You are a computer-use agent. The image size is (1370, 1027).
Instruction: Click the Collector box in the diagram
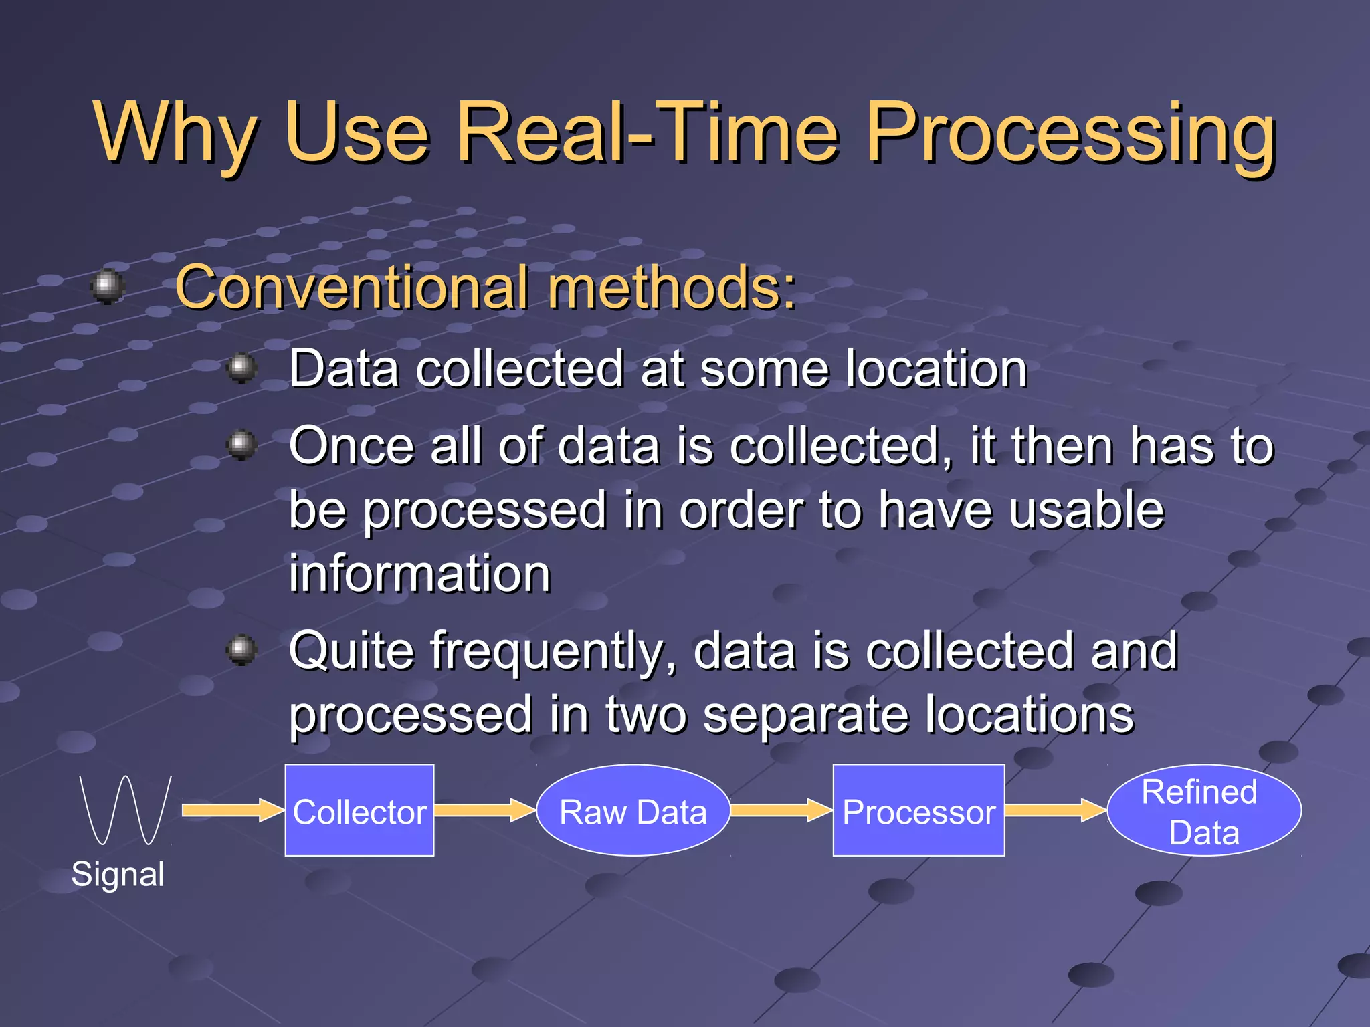point(359,810)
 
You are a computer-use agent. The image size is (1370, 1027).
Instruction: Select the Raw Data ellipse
point(633,810)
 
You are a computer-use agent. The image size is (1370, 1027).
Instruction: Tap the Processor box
point(918,810)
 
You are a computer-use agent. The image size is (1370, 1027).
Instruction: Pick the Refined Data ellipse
point(1203,810)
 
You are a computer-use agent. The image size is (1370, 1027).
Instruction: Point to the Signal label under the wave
point(118,874)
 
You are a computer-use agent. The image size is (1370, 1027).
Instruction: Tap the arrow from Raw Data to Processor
point(780,810)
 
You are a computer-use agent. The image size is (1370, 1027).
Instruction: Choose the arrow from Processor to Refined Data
point(1055,810)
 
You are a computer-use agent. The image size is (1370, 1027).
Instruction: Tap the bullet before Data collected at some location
point(241,367)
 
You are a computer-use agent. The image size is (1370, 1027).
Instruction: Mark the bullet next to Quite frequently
point(241,649)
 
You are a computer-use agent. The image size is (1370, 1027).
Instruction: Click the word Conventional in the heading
point(352,288)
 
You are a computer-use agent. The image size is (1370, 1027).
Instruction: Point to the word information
point(419,574)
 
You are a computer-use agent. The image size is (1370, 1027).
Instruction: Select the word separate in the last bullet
point(805,714)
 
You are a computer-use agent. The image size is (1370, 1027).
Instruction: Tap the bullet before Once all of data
point(241,444)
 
